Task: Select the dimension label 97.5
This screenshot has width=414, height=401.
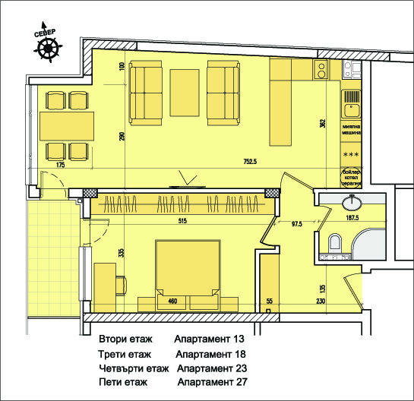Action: pos(297,225)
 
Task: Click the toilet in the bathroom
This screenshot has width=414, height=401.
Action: pos(333,244)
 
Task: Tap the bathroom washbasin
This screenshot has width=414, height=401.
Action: pos(352,203)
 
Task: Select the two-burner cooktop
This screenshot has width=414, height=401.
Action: pos(322,71)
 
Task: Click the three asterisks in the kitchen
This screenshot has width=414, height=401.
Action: pos(351,155)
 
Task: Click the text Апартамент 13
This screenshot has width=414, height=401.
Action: pos(209,339)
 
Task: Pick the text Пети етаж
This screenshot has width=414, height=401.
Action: pos(125,383)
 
